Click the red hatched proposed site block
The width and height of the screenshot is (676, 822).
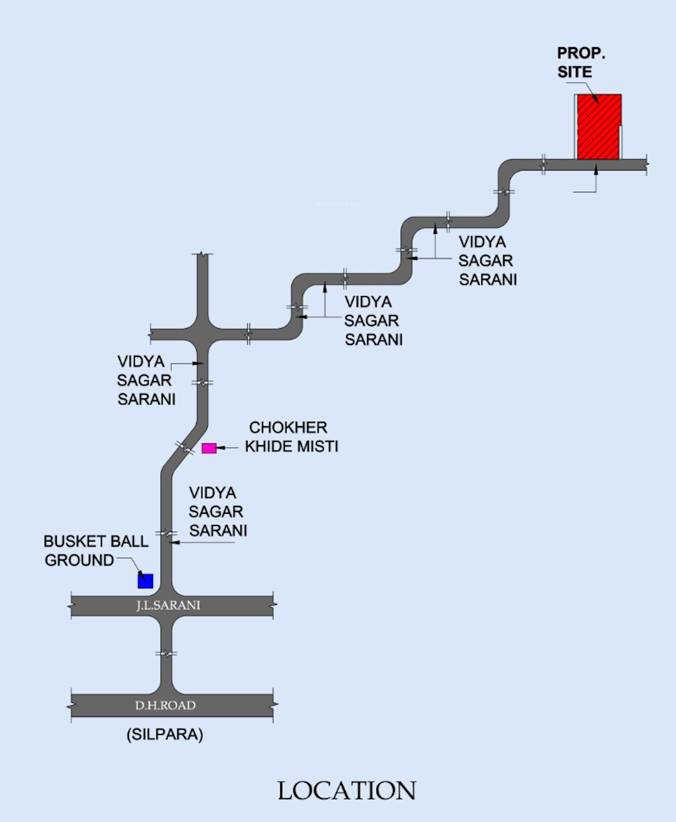pos(599,127)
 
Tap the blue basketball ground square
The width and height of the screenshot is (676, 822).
pos(145,581)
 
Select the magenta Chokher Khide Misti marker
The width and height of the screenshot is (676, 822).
pos(209,448)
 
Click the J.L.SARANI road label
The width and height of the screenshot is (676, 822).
pos(168,605)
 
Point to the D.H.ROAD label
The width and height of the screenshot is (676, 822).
pos(165,705)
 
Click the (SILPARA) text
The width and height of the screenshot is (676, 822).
pos(165,735)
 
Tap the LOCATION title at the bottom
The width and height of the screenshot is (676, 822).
pos(347,791)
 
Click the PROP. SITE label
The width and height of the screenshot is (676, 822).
pos(581,63)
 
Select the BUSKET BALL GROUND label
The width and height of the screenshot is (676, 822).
pos(96,551)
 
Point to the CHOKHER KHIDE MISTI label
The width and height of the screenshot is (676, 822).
pos(291,437)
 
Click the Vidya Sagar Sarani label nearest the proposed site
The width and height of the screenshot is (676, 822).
pos(487,261)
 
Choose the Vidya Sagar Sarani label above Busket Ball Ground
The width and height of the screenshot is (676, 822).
pos(217,512)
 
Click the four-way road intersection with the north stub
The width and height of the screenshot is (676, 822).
pos(203,335)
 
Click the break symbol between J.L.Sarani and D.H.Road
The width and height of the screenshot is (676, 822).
pos(166,654)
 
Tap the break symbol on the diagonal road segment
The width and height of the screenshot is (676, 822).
pos(185,448)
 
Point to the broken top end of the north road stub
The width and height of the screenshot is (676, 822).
pos(203,254)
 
